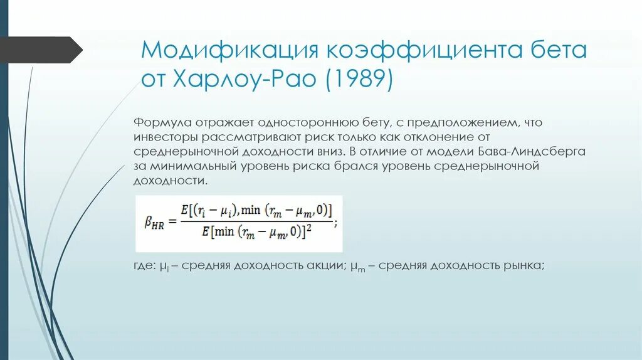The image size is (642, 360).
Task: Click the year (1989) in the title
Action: click(x=359, y=80)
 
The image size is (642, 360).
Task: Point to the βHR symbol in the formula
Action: click(x=154, y=223)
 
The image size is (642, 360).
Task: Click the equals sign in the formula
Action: click(x=173, y=222)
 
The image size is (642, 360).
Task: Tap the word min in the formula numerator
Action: click(x=251, y=209)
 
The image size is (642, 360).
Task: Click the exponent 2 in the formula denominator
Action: click(x=310, y=228)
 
